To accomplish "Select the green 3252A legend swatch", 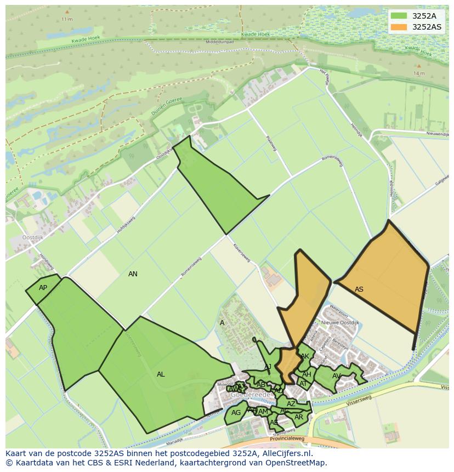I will point(399,16).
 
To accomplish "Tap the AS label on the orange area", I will point(359,289).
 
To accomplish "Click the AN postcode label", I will point(133,274).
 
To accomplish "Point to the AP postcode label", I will point(43,288).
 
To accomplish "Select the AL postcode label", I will point(161,374).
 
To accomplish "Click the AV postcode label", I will point(336,376).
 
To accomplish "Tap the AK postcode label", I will point(305,356).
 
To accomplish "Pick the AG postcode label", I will point(236,413).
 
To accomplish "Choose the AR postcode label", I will point(299,417).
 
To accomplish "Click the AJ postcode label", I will point(268,367).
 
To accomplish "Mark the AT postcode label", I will point(303,384).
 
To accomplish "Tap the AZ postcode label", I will point(291,404).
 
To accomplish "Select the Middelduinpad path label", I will point(219,42).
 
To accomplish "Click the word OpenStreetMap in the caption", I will point(296,463).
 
